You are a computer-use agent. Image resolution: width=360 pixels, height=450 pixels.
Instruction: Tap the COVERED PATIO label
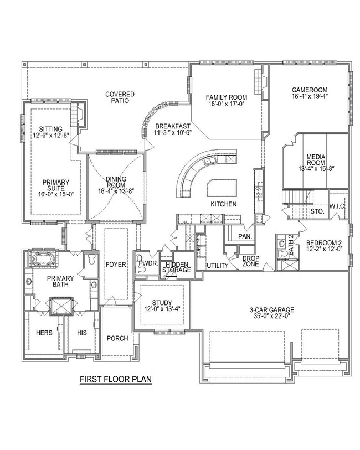pyautogui.click(x=117, y=97)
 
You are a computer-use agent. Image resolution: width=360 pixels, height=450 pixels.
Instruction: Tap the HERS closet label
pyautogui.click(x=44, y=333)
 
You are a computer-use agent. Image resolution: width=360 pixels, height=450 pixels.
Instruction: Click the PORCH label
pyautogui.click(x=117, y=338)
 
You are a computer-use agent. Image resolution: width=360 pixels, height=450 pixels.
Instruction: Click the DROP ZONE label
pyautogui.click(x=251, y=262)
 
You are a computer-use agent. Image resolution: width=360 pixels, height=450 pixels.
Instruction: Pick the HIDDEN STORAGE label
pyautogui.click(x=177, y=267)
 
